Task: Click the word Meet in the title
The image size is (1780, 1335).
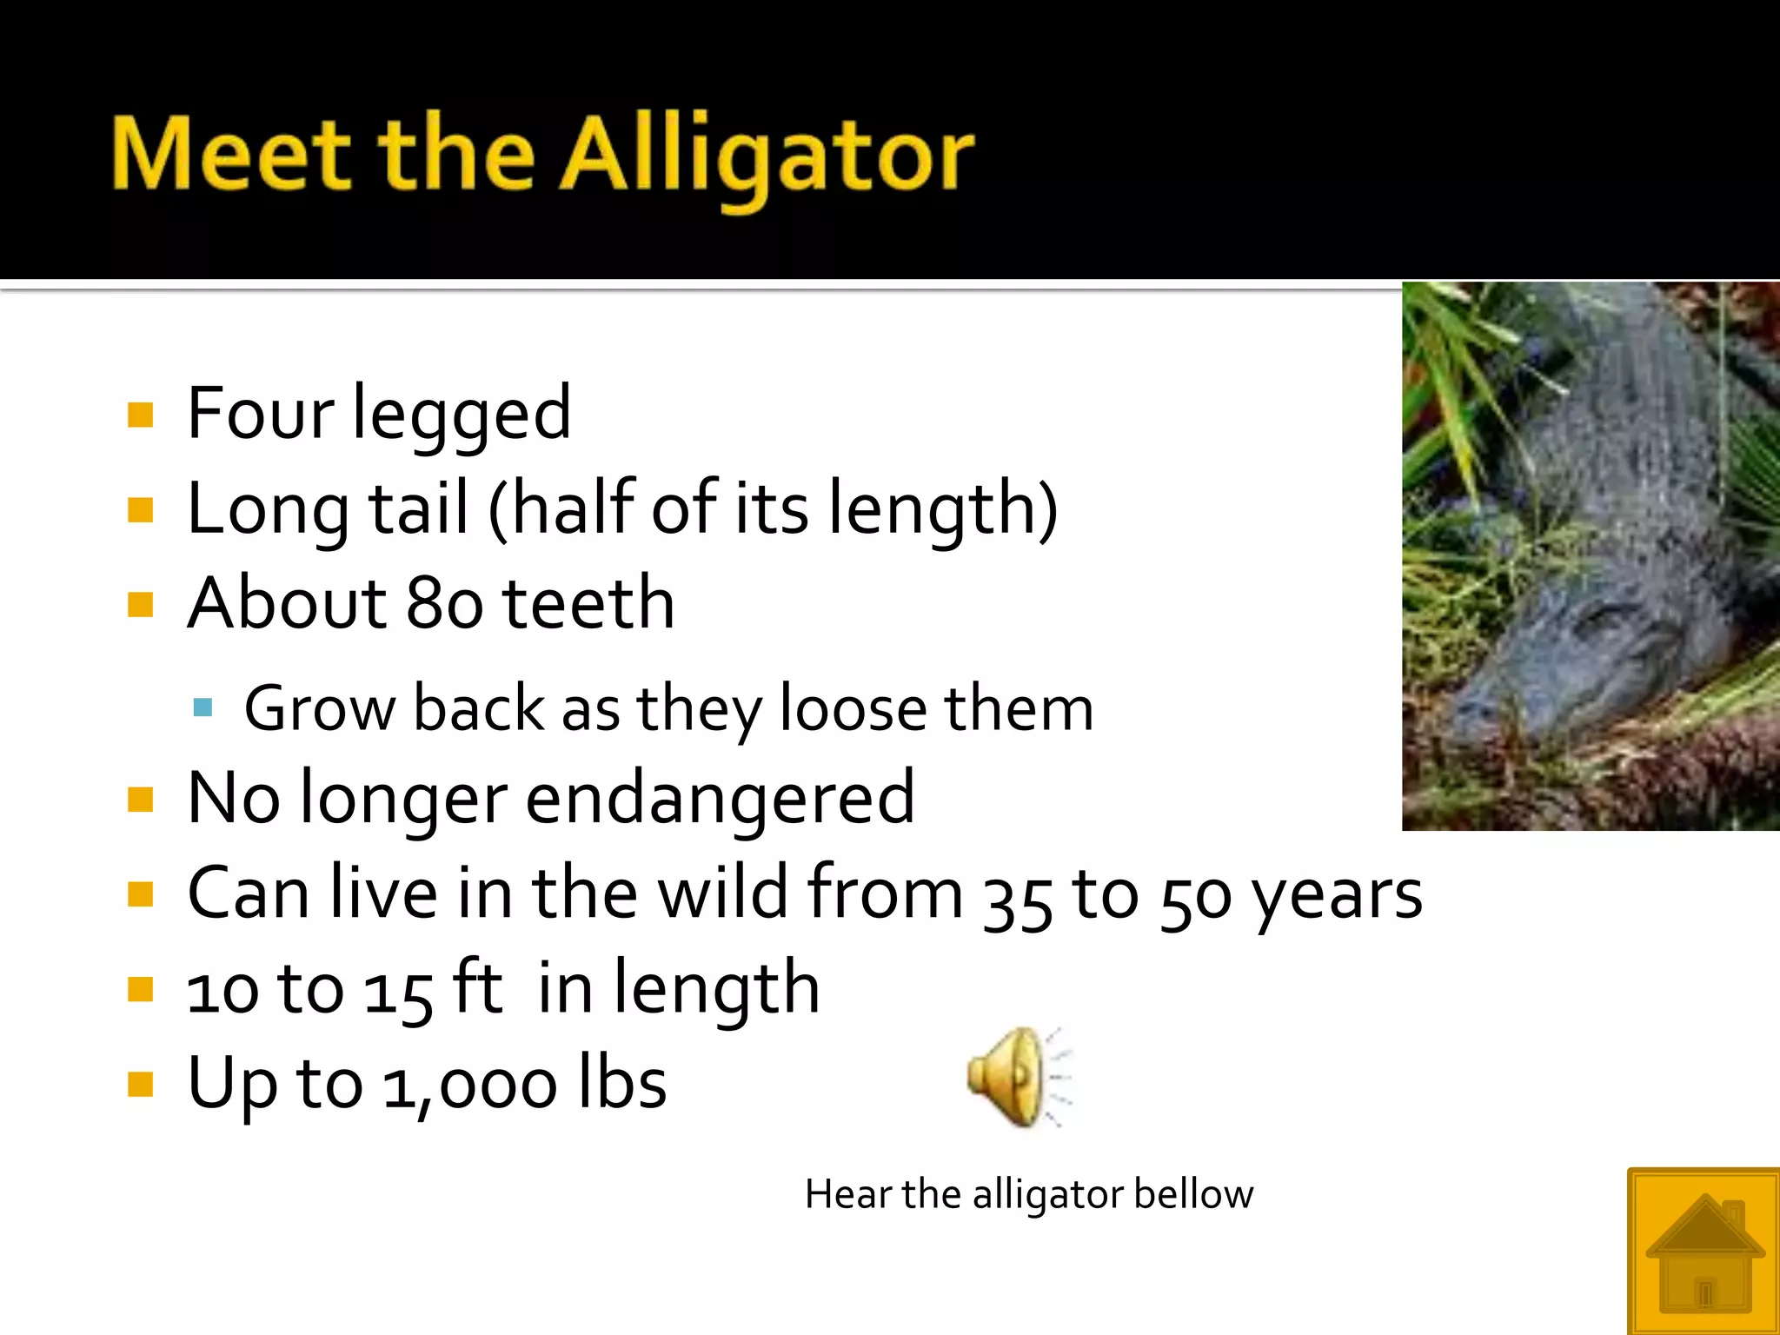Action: pos(231,156)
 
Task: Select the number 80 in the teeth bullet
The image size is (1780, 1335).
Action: pos(444,603)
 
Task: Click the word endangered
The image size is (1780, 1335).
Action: pos(720,798)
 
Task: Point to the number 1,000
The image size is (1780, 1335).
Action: pos(469,1085)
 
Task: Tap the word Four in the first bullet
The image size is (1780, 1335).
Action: pos(260,413)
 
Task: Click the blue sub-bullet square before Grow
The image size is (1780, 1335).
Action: pos(203,707)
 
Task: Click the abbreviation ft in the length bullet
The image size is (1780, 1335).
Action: pos(477,987)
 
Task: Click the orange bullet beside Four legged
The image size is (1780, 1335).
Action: pos(140,415)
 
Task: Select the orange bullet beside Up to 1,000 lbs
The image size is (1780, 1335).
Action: pos(140,1084)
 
